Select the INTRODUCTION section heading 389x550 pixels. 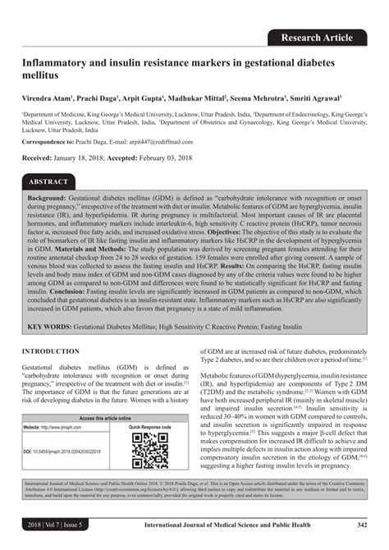[50, 351]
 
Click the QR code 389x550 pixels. [150, 451]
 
